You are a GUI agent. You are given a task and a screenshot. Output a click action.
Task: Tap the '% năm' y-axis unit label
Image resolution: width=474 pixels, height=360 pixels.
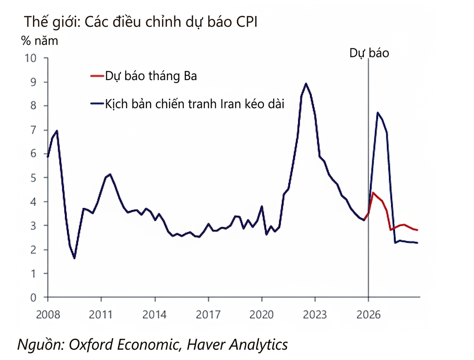click(39, 41)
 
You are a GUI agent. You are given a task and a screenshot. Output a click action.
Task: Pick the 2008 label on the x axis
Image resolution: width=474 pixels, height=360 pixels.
click(47, 314)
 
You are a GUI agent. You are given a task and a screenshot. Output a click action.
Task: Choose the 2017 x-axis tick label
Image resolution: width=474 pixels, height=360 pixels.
click(208, 314)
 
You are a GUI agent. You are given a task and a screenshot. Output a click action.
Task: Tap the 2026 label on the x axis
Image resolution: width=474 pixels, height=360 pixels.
click(368, 314)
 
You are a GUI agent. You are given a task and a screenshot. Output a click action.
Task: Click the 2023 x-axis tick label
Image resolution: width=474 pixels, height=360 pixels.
click(315, 314)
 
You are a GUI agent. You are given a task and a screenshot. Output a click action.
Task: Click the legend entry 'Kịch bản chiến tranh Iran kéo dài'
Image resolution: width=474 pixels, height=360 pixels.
click(194, 104)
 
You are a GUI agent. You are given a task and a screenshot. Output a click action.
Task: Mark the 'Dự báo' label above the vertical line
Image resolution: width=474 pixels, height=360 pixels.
click(369, 53)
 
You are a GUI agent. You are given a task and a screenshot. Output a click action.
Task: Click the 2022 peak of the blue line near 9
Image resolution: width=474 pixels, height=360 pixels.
click(306, 84)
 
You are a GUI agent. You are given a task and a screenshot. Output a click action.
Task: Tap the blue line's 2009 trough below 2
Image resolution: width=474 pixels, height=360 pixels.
click(74, 258)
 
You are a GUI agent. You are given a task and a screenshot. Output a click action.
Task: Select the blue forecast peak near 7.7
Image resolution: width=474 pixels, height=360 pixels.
click(378, 112)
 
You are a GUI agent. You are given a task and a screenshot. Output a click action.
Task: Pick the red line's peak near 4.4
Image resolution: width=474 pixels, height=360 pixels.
click(373, 192)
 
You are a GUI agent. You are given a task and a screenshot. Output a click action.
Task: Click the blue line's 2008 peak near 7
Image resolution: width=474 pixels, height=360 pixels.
click(57, 131)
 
